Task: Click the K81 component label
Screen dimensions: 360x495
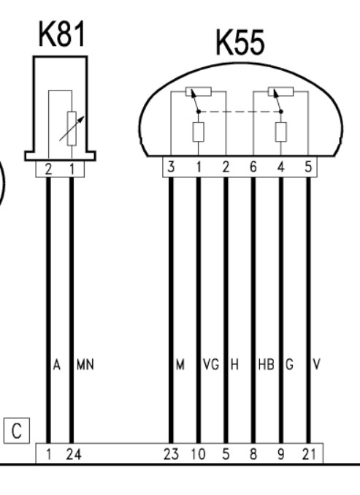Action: click(62, 34)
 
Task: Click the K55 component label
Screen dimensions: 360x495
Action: click(240, 42)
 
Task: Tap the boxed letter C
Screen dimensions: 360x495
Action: click(17, 431)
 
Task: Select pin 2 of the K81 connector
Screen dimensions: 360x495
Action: click(48, 169)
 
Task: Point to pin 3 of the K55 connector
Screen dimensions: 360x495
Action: click(171, 166)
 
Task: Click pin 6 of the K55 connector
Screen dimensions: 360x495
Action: click(253, 166)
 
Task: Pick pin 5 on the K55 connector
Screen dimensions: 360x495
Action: click(309, 166)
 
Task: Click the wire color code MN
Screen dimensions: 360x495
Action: click(85, 364)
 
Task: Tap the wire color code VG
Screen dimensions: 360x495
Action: click(211, 364)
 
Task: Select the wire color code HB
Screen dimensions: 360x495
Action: click(266, 364)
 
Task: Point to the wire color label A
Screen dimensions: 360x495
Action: click(56, 364)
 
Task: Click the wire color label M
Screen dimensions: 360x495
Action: click(180, 364)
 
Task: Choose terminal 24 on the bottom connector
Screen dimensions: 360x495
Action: click(74, 455)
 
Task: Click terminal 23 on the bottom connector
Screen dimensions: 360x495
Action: click(171, 455)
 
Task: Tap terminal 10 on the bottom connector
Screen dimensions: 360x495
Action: click(199, 455)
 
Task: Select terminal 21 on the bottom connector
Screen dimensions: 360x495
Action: click(309, 455)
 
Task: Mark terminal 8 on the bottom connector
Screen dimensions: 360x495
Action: click(253, 455)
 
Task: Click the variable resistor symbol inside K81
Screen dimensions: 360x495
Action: click(72, 128)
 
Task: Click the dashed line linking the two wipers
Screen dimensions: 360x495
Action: click(240, 112)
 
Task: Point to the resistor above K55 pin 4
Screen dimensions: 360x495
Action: click(280, 131)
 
